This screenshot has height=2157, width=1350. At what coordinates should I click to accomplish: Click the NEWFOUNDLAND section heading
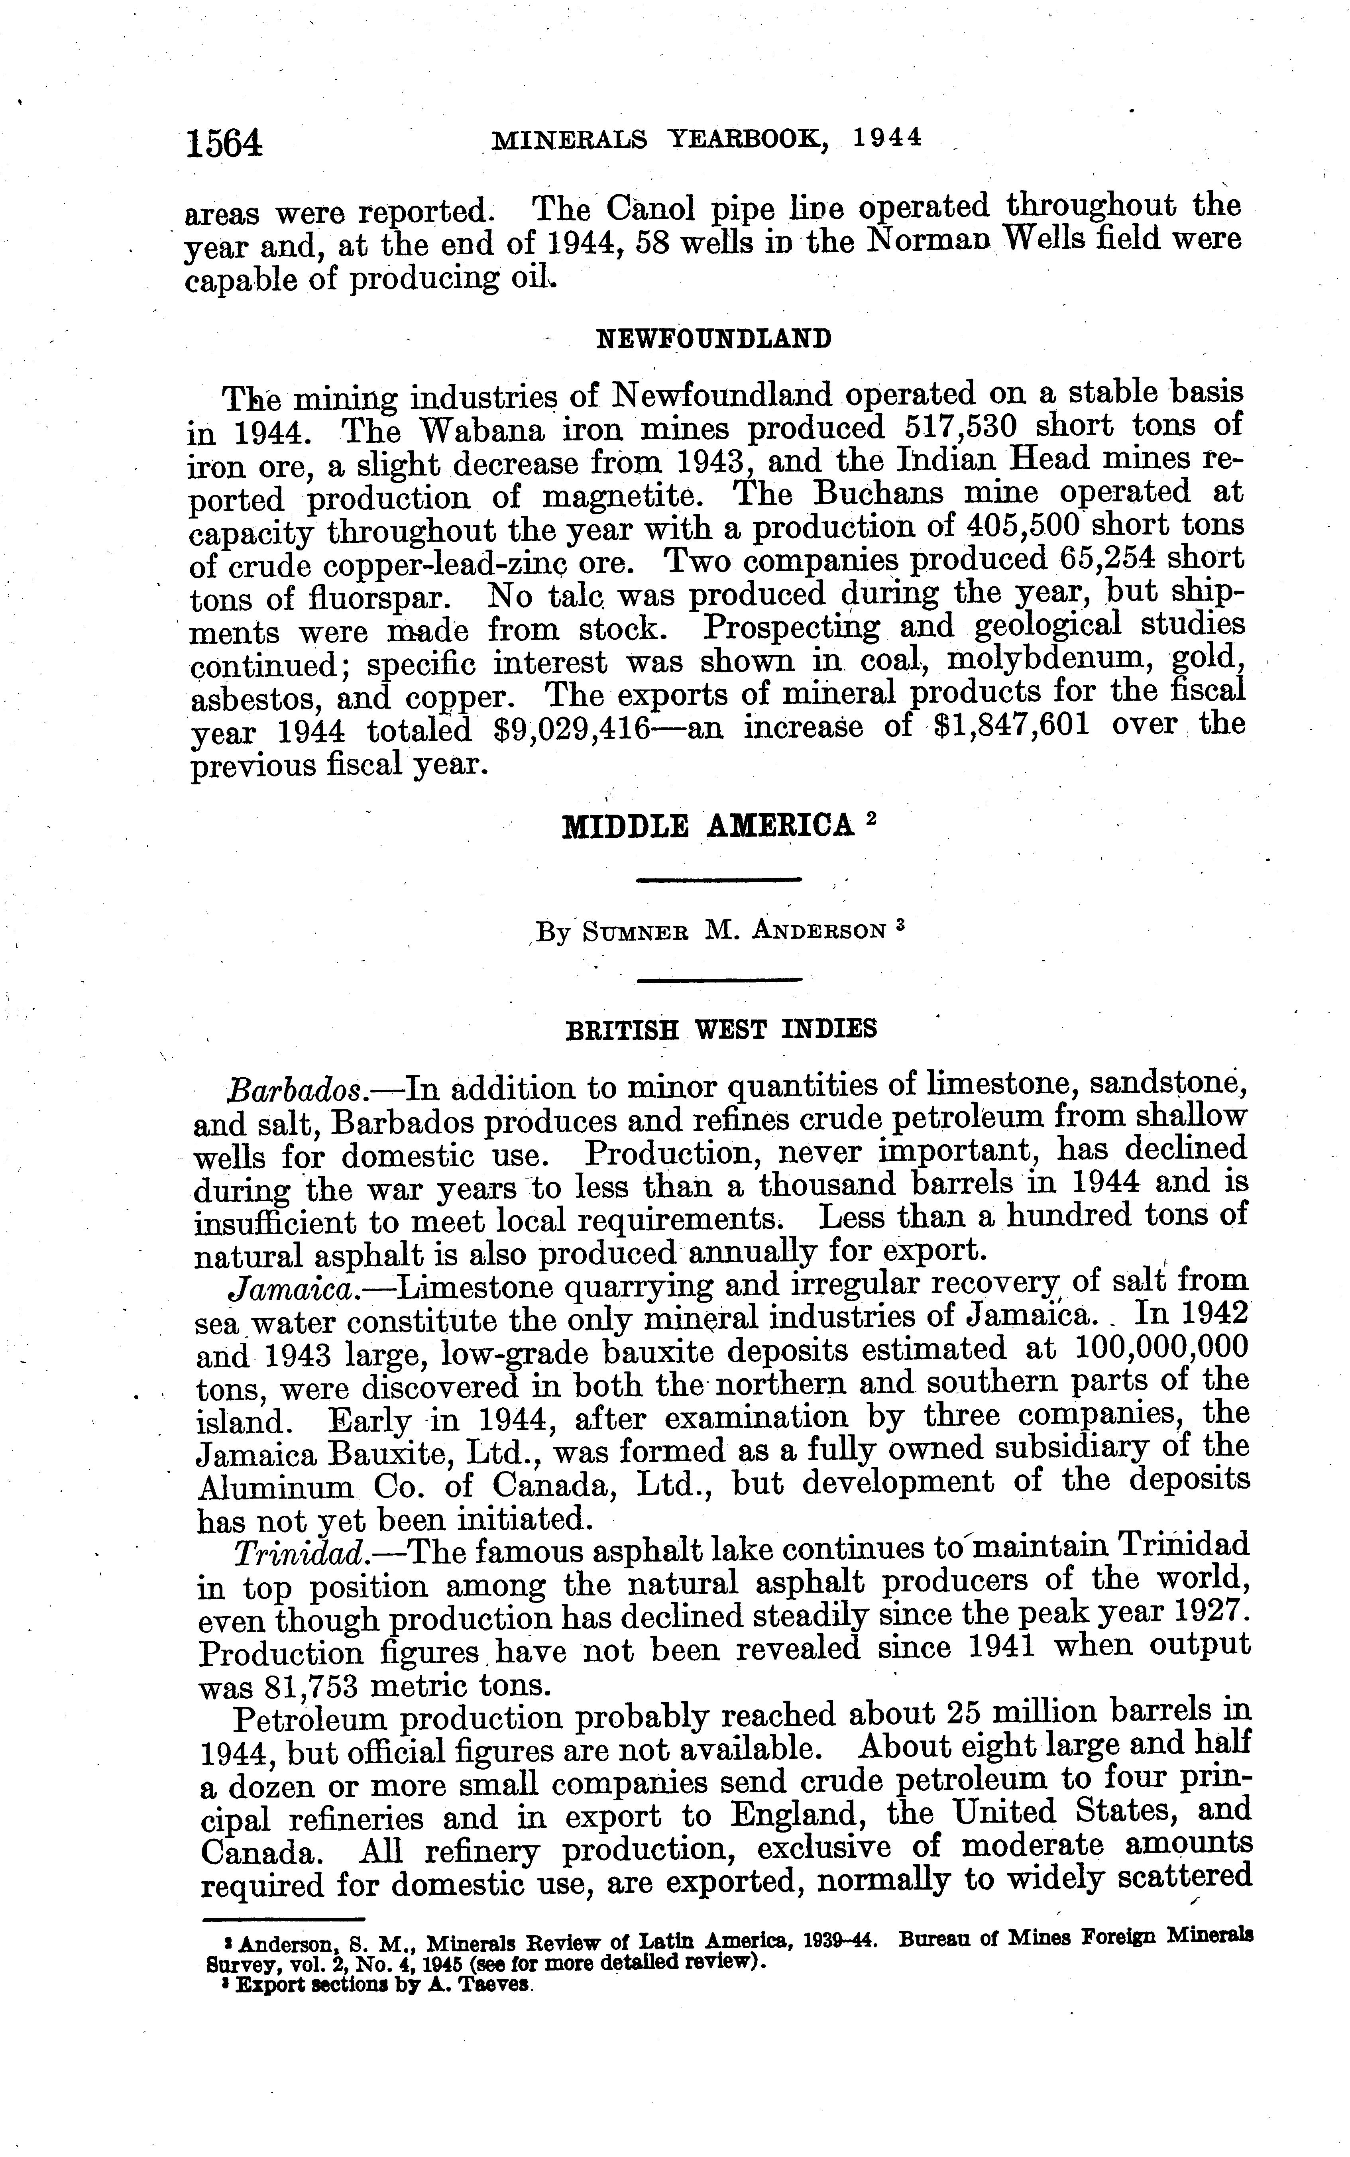713,339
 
